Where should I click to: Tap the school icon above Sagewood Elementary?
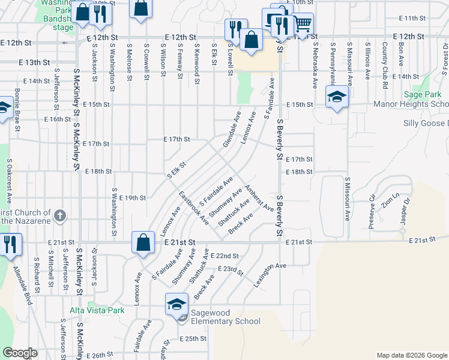(177, 305)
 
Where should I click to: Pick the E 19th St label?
(133, 197)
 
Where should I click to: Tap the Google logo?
(20, 353)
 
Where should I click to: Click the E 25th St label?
(193, 338)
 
